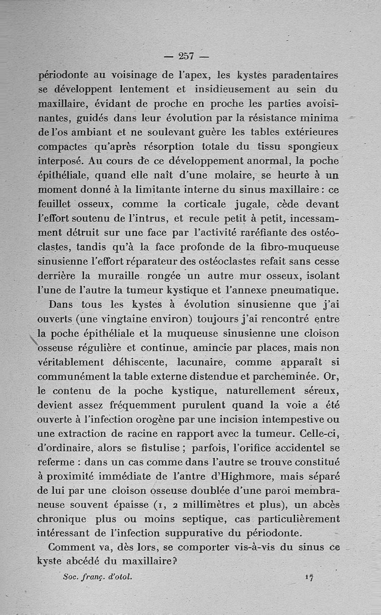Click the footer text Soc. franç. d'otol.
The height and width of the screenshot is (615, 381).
pyautogui.click(x=97, y=576)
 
